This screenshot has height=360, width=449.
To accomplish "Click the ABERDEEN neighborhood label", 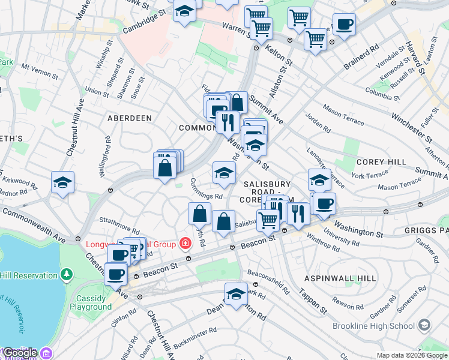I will coord(129,118).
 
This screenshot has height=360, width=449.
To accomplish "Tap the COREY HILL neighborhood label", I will coord(381,162).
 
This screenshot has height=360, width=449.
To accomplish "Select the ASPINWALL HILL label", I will coord(340,278).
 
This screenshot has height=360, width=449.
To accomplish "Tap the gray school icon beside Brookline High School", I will coord(424,325).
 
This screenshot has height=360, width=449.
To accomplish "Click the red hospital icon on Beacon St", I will coord(185,244).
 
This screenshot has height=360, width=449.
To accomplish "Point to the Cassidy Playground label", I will coord(94,302).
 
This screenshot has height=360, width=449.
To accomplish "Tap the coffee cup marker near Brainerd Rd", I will coord(345,25).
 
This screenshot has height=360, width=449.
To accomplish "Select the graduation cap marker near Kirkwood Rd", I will coord(62,182).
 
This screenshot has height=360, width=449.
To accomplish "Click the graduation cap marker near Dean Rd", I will coord(237,294).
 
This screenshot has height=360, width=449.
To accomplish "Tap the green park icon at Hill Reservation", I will coord(66,275).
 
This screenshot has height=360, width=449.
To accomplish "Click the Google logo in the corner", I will coord(20,353).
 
